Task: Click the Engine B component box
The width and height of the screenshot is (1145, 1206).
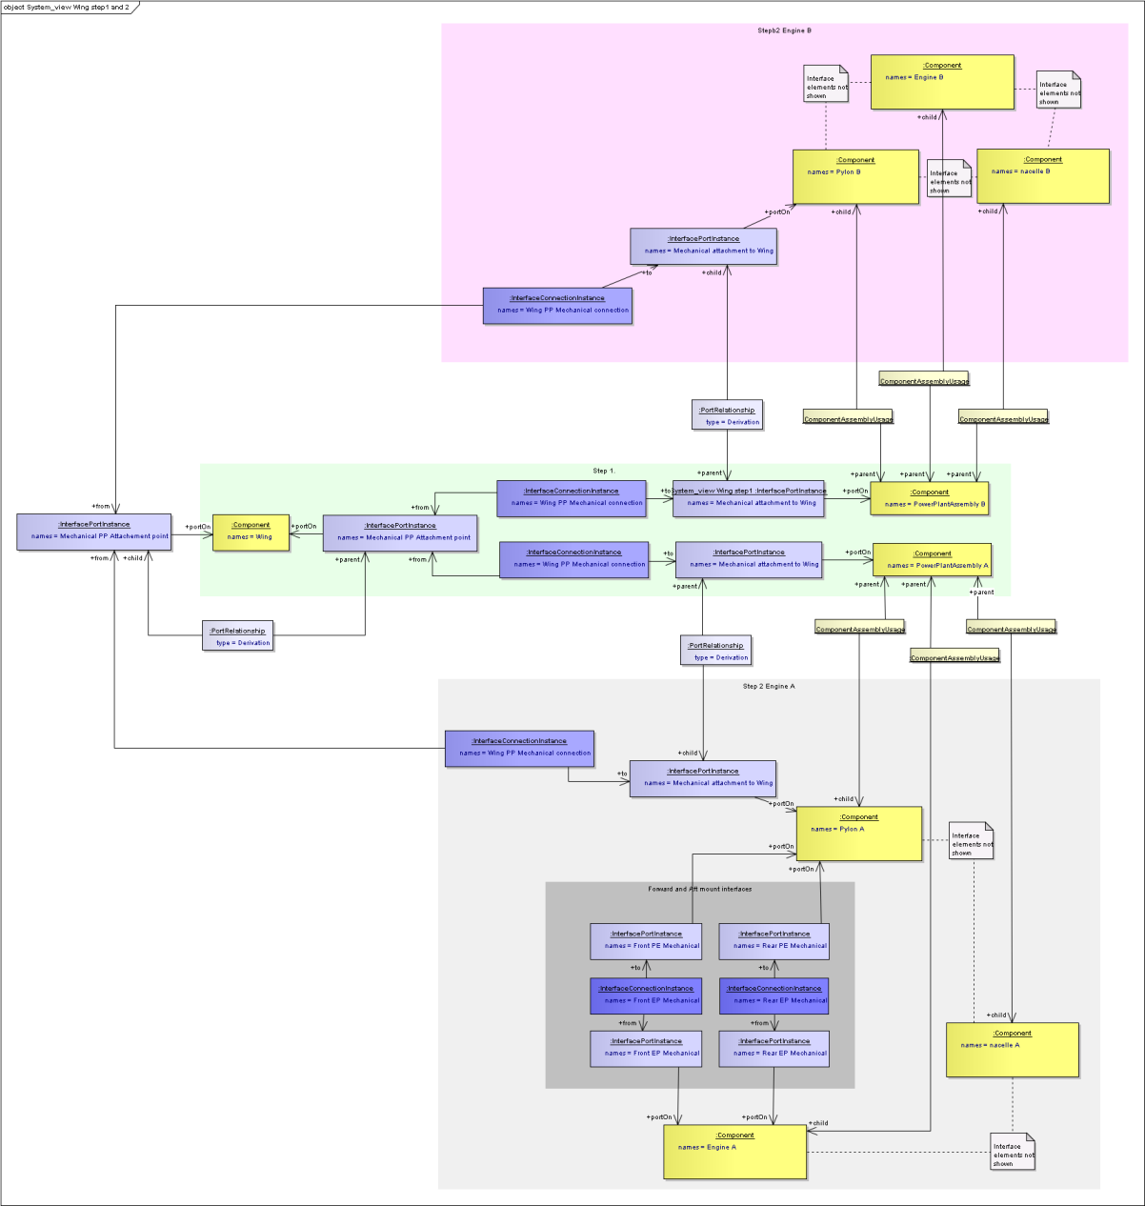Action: tap(942, 82)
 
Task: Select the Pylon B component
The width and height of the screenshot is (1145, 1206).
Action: tap(855, 176)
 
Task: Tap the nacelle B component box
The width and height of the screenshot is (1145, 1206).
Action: tap(1043, 175)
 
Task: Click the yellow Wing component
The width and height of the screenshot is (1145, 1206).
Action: tap(251, 533)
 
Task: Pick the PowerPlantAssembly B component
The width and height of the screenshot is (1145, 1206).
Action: tap(929, 498)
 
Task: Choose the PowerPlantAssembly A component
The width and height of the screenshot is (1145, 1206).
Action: tap(932, 559)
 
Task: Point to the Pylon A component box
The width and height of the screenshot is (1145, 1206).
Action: tap(858, 834)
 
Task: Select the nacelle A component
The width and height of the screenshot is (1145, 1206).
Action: tap(1012, 1050)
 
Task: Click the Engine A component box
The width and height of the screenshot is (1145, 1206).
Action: tap(734, 1152)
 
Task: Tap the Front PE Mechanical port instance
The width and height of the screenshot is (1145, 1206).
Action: tap(646, 941)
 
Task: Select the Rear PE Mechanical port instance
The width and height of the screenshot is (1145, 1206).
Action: tap(773, 941)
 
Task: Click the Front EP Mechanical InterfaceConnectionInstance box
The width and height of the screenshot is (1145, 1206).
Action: tap(646, 995)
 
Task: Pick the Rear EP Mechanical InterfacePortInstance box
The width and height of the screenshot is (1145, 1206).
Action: tap(773, 1049)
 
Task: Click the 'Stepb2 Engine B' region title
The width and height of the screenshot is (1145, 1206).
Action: tap(784, 30)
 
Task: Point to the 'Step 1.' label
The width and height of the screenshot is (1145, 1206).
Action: tap(604, 471)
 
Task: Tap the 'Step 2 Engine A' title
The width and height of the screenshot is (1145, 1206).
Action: tap(768, 686)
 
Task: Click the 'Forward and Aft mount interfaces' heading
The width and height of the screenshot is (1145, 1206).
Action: tap(699, 889)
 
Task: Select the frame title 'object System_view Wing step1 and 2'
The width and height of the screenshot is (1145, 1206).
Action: tap(67, 7)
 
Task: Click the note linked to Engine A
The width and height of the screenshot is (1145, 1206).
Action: tap(1012, 1152)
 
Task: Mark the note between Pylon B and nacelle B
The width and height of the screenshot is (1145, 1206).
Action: tap(949, 178)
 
